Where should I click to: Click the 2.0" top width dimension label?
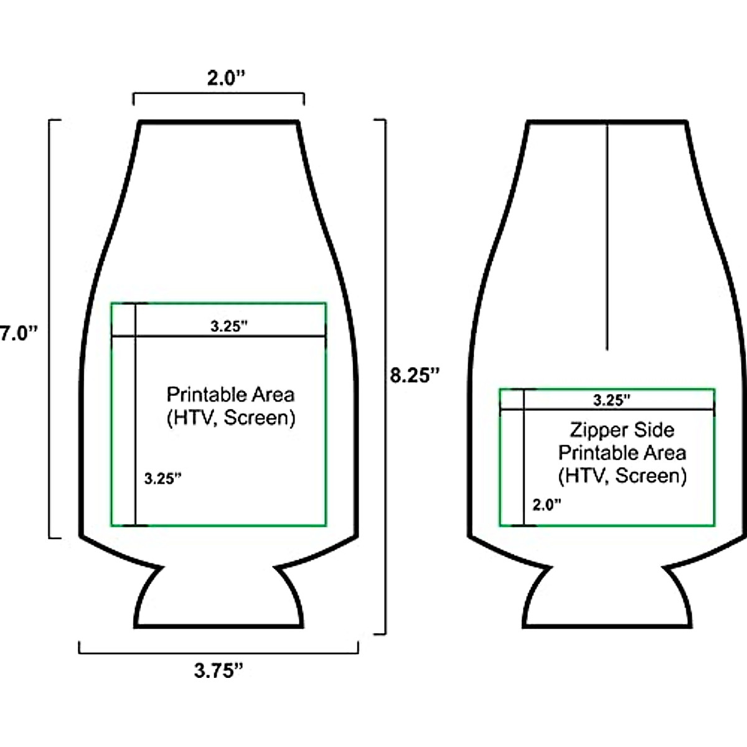(227, 78)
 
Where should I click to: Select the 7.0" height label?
(19, 334)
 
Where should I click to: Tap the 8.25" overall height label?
(415, 375)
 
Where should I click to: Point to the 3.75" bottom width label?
(218, 670)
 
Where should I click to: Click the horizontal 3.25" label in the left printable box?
(228, 326)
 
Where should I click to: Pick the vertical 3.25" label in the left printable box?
(163, 479)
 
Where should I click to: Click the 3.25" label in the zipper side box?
(612, 400)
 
